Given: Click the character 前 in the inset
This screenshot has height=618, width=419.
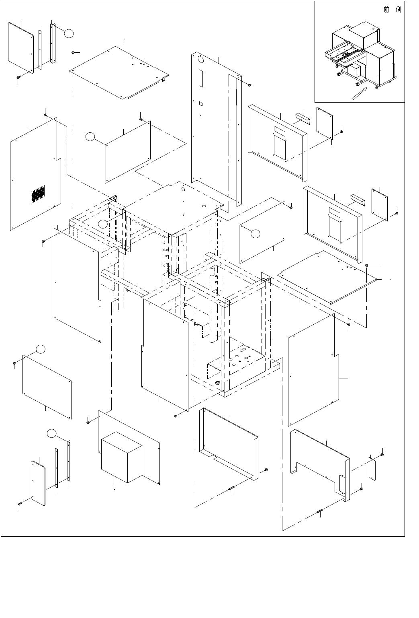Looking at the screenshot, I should pos(386,10).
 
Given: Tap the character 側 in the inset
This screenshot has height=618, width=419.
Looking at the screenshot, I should pos(398,10).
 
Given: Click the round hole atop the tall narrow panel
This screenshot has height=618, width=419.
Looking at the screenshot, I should pos(201,60).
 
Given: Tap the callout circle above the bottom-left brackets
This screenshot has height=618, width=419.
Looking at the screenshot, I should pos(51,433).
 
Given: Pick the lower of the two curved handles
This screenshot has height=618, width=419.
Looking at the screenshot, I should pos(357,199).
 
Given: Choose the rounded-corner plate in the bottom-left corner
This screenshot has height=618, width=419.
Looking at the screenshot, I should pos(39,483).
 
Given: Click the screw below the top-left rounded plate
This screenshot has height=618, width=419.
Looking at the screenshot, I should pos(18,77).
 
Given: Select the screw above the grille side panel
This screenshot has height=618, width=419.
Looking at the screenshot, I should pos(45,115).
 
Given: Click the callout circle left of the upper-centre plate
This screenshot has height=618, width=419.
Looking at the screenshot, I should pos(91,137).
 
